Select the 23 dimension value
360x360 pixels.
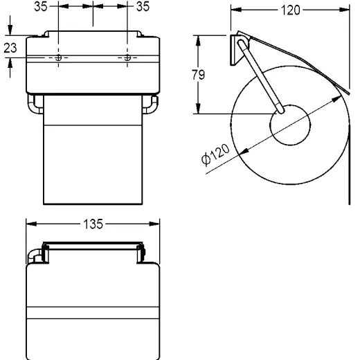tap(8, 48)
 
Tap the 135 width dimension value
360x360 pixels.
tap(93, 224)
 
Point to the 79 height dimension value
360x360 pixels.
tap(199, 75)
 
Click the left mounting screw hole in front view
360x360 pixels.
tap(58, 58)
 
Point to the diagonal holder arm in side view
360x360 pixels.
tap(260, 76)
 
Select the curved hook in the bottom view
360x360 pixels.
tap(34, 255)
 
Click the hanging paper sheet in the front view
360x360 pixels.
tap(93, 159)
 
